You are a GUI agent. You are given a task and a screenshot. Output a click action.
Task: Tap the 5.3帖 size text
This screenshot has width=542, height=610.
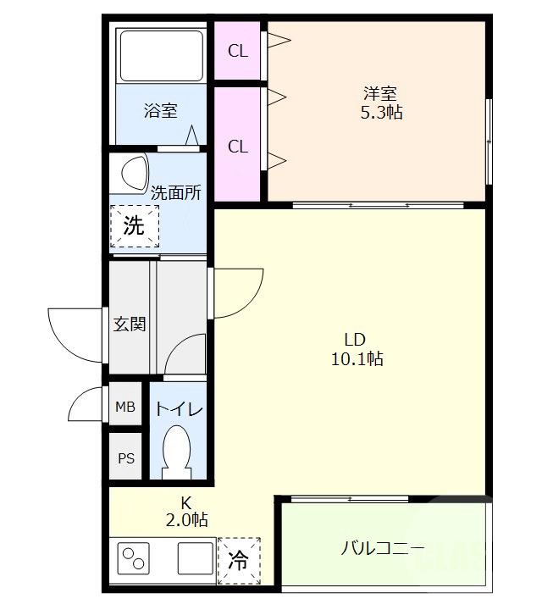click(x=380, y=113)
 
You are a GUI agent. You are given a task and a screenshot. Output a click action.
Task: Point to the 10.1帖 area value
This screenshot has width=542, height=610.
click(x=356, y=359)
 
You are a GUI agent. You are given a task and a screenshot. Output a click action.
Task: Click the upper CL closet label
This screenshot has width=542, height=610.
click(x=238, y=51)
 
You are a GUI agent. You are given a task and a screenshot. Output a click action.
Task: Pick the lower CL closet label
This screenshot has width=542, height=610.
click(x=238, y=146)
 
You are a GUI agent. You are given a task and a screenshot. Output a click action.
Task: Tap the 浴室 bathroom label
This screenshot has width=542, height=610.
click(x=160, y=110)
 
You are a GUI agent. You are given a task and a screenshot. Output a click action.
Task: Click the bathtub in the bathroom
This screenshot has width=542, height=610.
click(x=160, y=55)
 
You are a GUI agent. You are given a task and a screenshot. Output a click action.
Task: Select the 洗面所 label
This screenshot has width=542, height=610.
click(x=176, y=192)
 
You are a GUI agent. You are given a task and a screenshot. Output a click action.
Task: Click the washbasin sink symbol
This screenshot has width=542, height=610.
click(x=133, y=173)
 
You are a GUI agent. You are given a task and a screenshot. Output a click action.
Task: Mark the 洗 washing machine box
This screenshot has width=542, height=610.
click(x=135, y=226)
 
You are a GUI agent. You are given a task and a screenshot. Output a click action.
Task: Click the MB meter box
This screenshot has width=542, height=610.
click(x=125, y=408)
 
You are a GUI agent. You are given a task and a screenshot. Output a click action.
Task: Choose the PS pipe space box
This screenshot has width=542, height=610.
click(x=125, y=458)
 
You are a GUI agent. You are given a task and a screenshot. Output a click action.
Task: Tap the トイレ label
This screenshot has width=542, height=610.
click(x=178, y=410)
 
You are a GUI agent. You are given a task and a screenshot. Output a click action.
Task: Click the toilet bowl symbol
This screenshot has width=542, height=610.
click(x=177, y=451)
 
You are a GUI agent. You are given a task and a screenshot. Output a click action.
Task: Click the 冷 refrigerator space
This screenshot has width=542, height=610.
click(x=238, y=560)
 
